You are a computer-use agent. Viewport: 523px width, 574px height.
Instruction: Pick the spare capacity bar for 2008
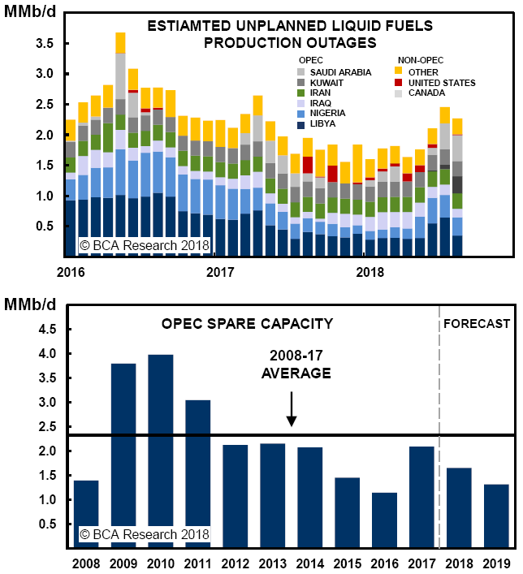pyautogui.click(x=86, y=513)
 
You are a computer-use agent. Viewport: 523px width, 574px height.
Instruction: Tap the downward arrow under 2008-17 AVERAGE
pyautogui.click(x=292, y=409)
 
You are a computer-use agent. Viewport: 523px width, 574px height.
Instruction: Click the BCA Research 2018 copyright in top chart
pyautogui.click(x=144, y=244)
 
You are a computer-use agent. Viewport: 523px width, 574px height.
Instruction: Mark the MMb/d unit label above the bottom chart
pyautogui.click(x=29, y=303)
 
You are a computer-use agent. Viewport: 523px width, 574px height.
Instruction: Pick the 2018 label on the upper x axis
pyautogui.click(x=370, y=270)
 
